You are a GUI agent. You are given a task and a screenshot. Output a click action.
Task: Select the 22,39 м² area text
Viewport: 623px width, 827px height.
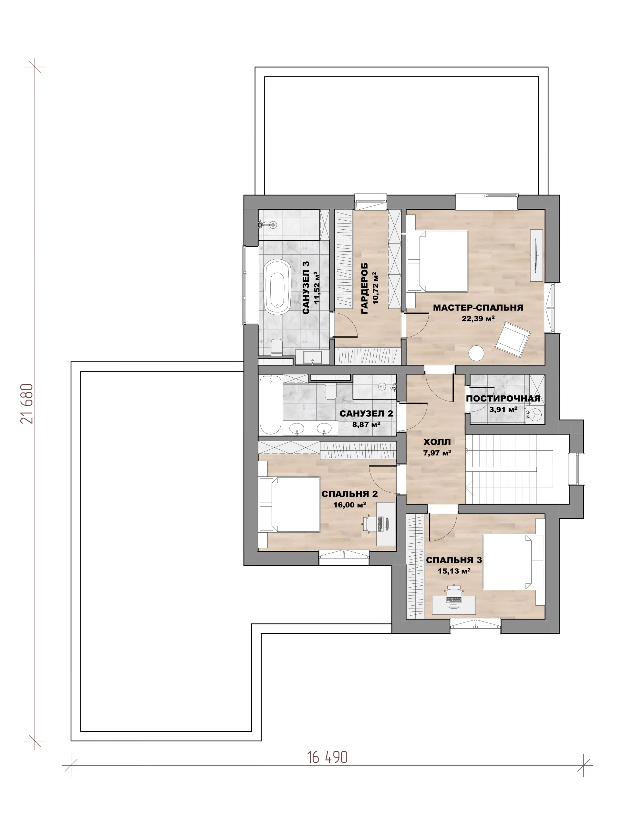(x=478, y=319)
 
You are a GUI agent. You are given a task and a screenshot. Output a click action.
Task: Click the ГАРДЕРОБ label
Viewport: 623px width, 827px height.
(x=365, y=288)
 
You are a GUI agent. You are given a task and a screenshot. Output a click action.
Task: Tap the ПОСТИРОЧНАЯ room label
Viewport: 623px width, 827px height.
(x=503, y=399)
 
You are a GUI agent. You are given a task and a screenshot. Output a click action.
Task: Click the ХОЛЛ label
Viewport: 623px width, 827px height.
(x=437, y=442)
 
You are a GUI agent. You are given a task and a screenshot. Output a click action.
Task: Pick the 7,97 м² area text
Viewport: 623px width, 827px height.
(x=437, y=453)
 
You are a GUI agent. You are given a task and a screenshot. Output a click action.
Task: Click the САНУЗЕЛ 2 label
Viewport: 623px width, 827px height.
(x=366, y=413)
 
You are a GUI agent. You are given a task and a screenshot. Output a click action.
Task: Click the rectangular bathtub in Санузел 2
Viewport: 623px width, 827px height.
(x=270, y=405)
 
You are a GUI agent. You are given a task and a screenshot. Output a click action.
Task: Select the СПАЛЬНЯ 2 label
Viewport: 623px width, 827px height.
(x=349, y=494)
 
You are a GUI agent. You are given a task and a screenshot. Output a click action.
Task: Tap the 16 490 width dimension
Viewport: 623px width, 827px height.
(x=327, y=758)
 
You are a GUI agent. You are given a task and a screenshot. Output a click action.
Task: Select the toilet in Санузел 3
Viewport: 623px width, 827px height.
(x=276, y=347)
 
